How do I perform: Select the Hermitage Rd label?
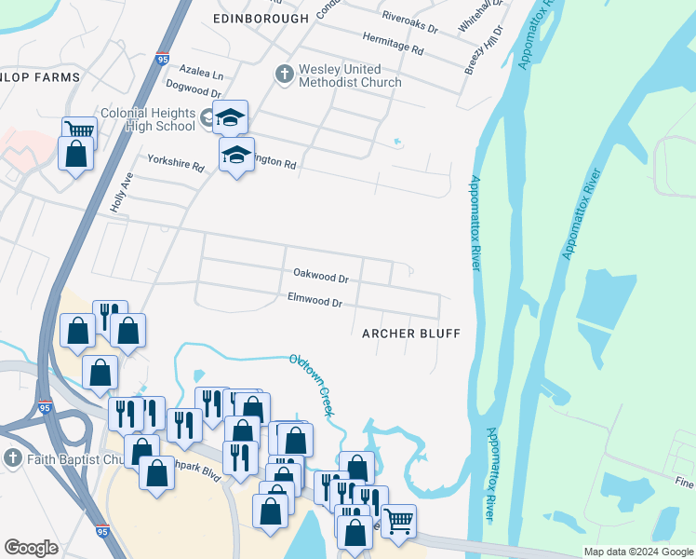click(393, 42)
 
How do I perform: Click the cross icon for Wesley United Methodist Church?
click(284, 72)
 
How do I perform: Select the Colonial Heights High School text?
click(147, 119)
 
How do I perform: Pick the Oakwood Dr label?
click(320, 276)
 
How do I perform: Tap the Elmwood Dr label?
click(315, 303)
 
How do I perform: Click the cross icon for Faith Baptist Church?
click(12, 457)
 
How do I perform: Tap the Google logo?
click(31, 548)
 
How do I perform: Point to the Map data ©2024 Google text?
click(638, 552)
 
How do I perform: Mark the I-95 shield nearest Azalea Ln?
click(163, 60)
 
